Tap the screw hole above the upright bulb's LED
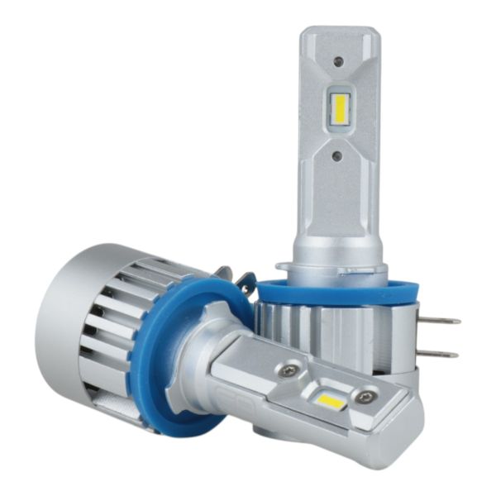[x=338, y=60]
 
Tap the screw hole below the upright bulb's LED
[x=337, y=155]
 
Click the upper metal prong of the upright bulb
[x=442, y=320]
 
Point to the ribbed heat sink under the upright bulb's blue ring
[x=331, y=331]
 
